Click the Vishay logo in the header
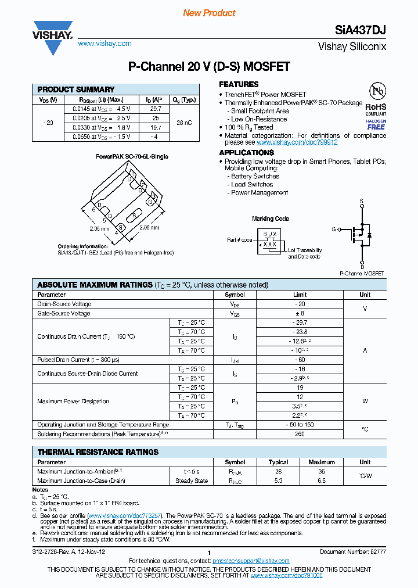click(52, 33)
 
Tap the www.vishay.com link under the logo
click(105, 44)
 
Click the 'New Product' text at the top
click(209, 13)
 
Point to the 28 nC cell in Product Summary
click(184, 123)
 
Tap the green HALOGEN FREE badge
click(376, 124)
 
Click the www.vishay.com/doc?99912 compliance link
click(297, 142)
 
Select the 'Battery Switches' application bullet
click(255, 176)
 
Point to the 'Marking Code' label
click(270, 219)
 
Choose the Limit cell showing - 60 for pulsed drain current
click(300, 360)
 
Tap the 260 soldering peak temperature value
click(300, 434)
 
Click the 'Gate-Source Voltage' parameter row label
click(64, 313)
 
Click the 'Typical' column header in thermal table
click(278, 462)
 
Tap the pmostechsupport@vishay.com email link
click(251, 561)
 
